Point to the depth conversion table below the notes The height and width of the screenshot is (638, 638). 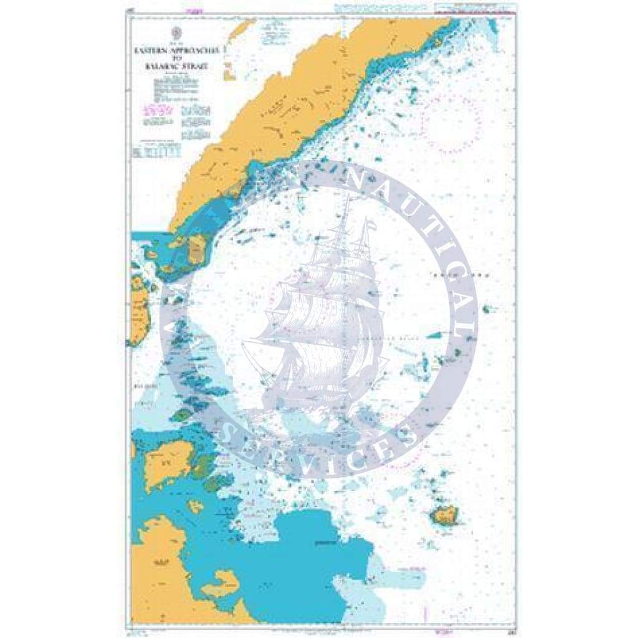[x=156, y=151]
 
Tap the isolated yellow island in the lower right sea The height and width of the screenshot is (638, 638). [x=444, y=515]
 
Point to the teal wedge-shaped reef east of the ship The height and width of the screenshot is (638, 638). [x=437, y=335]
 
